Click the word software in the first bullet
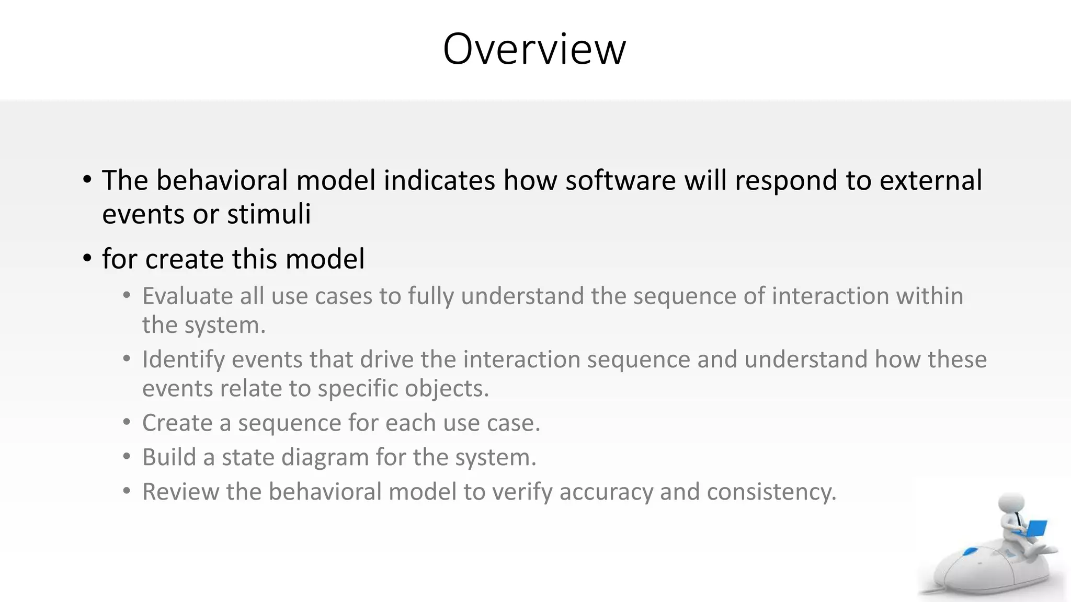pyautogui.click(x=620, y=180)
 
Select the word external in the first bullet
pyautogui.click(x=930, y=180)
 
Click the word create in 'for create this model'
pyautogui.click(x=185, y=259)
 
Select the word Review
pyautogui.click(x=180, y=492)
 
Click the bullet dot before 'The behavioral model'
pyautogui.click(x=87, y=180)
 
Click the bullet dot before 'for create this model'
pyautogui.click(x=87, y=259)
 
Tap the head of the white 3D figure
pyautogui.click(x=1011, y=504)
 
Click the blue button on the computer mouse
pyautogui.click(x=971, y=552)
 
